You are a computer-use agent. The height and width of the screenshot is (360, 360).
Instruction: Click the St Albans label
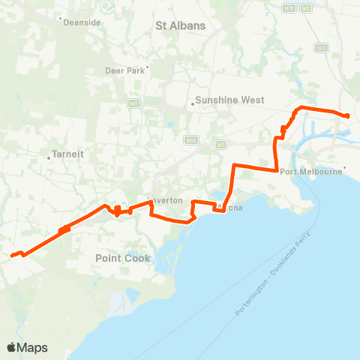(180, 25)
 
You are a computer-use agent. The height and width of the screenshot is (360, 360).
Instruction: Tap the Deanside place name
(82, 22)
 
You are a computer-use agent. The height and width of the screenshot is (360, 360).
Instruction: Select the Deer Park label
(124, 72)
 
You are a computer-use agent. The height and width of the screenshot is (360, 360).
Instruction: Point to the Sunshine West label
(225, 100)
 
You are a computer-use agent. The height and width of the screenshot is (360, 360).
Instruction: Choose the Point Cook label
(123, 258)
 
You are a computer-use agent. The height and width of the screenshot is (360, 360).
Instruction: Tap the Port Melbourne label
(310, 172)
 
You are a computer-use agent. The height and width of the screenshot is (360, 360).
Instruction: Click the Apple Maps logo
(27, 347)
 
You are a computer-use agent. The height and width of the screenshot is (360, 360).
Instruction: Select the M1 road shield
(221, 144)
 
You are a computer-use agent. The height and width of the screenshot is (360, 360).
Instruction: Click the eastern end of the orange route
(347, 115)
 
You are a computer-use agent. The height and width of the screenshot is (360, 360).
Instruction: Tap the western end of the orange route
(11, 256)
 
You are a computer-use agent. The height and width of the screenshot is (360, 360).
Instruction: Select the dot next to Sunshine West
(192, 103)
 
